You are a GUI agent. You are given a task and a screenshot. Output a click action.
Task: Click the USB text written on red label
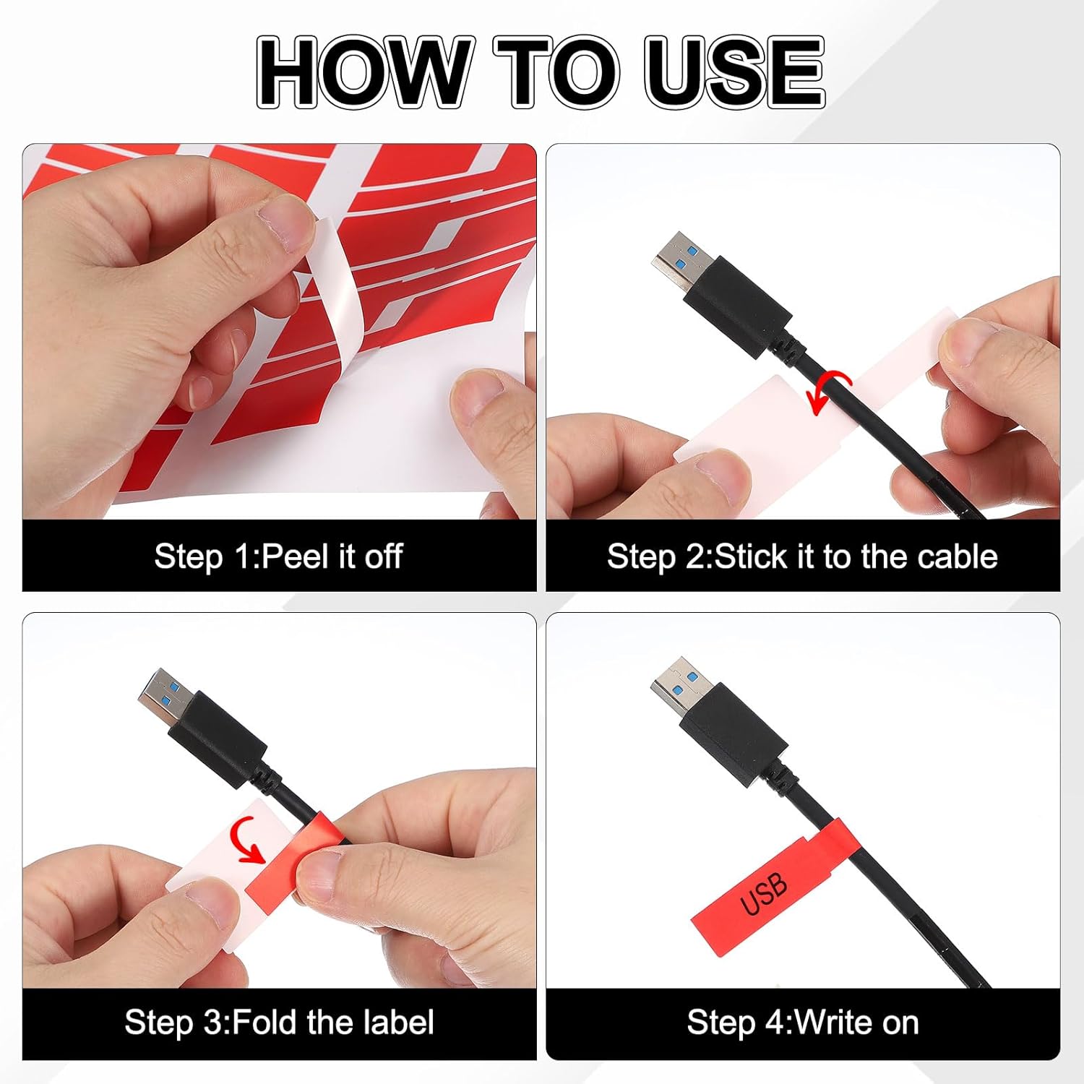(764, 893)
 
